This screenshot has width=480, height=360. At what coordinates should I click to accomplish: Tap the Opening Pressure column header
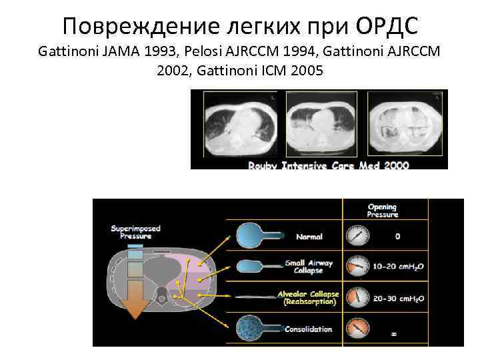tap(382, 210)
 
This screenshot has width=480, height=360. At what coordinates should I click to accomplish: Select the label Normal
tap(308, 236)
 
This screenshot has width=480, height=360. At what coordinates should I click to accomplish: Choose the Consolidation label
tap(307, 329)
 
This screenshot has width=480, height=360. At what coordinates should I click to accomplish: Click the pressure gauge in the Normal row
tap(357, 236)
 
